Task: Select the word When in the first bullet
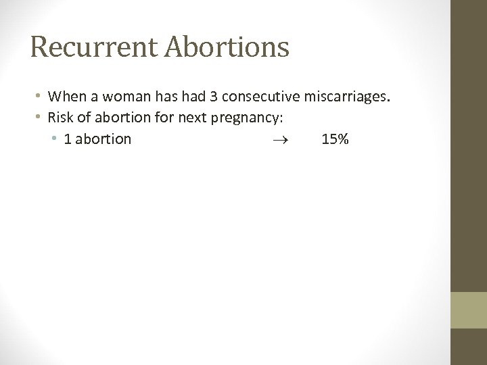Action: coord(65,97)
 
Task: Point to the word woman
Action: coord(119,97)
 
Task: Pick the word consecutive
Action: coord(252,97)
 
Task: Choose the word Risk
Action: coord(60,118)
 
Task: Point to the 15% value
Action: coord(335,140)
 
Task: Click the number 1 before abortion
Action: coord(68,140)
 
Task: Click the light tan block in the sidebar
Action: coord(469,310)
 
